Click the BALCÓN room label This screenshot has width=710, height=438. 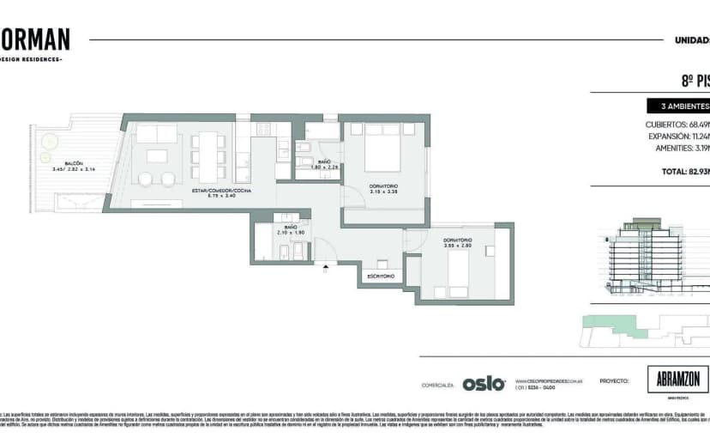coord(72,163)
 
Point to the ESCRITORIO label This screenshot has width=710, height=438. coord(380,277)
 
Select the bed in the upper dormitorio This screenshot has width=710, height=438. coord(383,149)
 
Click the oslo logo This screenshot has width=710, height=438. coord(484,384)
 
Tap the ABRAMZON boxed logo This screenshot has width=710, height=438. coord(677,380)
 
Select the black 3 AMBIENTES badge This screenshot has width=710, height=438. coord(678,107)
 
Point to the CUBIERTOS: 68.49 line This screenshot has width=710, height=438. coord(677,125)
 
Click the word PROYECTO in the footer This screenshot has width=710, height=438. coord(615,380)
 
